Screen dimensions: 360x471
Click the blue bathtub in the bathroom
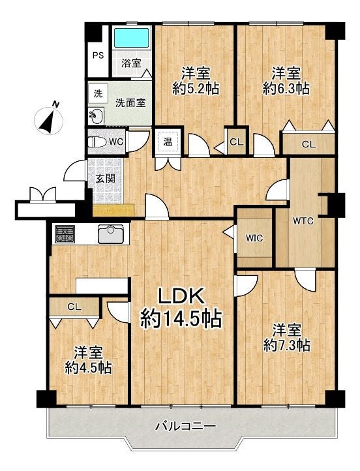132,38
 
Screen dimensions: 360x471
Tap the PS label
98,55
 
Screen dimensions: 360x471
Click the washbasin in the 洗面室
96,116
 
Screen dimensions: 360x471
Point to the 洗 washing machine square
98,94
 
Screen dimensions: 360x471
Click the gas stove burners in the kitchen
65,234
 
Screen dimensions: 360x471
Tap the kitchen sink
110,234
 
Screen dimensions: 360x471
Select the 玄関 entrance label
106,179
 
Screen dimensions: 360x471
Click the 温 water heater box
168,142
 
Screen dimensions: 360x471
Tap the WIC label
254,238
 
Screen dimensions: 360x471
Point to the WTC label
303,221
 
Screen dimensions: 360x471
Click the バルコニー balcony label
185,426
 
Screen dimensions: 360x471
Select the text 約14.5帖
181,318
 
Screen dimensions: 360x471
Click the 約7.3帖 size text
286,346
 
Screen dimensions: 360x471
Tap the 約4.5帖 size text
88,368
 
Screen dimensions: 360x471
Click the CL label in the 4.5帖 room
74,307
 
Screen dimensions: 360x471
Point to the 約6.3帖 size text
286,89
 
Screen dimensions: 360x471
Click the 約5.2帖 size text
196,89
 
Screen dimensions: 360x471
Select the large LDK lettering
182,296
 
